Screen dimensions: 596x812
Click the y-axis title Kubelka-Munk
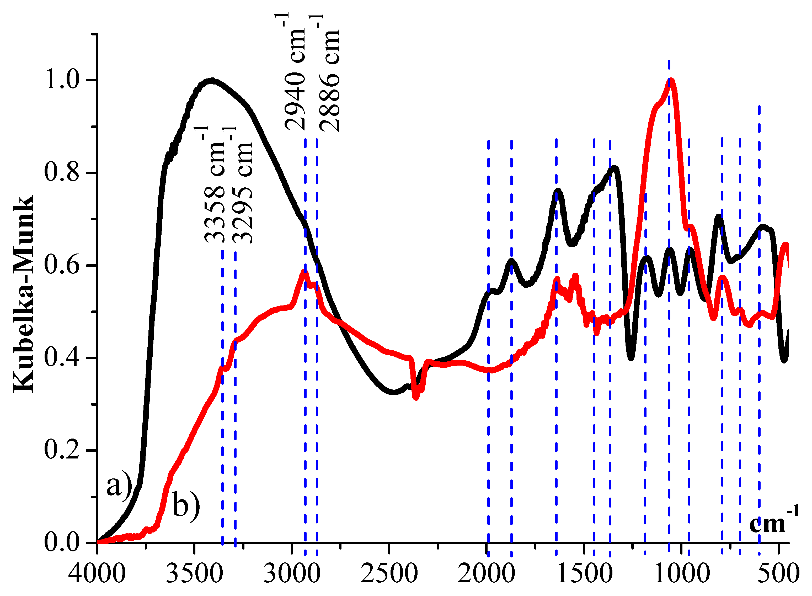(x=23, y=294)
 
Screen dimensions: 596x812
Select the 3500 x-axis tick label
(x=194, y=573)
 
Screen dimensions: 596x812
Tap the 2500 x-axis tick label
(x=389, y=573)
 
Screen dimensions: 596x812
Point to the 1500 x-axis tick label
(x=584, y=573)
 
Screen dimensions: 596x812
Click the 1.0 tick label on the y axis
(x=62, y=80)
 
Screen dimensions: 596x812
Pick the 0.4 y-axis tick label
(x=62, y=358)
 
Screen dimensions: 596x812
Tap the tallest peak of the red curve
(x=671, y=80)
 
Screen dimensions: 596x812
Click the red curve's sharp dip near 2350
(x=416, y=397)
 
